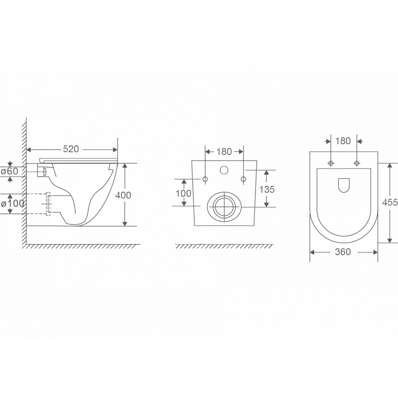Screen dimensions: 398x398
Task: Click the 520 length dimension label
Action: pos(71,149)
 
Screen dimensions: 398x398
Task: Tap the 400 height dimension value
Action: pos(123,195)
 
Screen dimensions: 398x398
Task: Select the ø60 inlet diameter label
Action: pos(9,171)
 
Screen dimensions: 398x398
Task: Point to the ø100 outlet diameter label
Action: pos(12,203)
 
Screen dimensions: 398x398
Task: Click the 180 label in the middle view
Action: pos(224,152)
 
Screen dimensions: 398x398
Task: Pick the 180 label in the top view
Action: pos(343,141)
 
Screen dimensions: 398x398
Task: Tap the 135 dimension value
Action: pos(267,189)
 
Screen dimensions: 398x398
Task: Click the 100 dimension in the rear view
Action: pos(183,193)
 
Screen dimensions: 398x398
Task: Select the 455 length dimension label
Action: pos(390,202)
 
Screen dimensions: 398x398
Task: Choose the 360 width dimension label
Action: pos(343,252)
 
